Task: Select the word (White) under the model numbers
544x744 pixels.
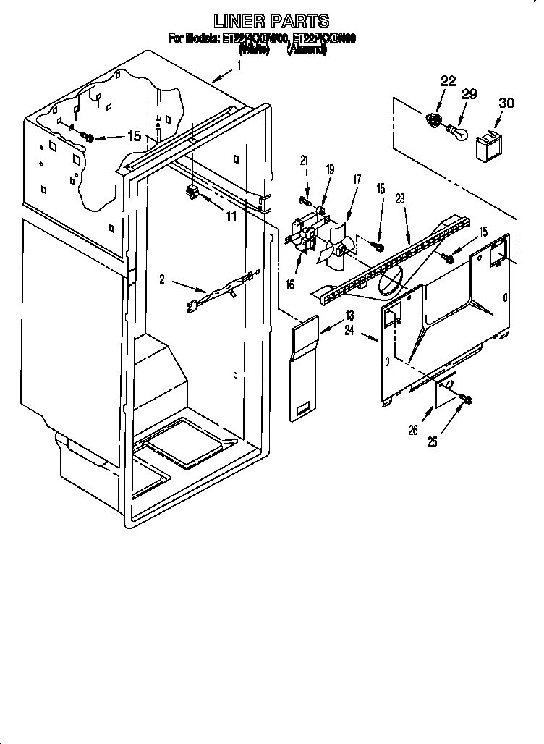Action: [254, 50]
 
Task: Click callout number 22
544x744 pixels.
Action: [448, 81]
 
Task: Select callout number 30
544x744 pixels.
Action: [506, 103]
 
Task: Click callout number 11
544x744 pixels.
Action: [231, 216]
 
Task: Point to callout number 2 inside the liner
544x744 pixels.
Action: [163, 278]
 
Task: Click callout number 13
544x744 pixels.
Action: [349, 315]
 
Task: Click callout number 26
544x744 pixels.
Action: [413, 431]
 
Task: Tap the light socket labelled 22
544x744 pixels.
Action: [435, 120]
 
